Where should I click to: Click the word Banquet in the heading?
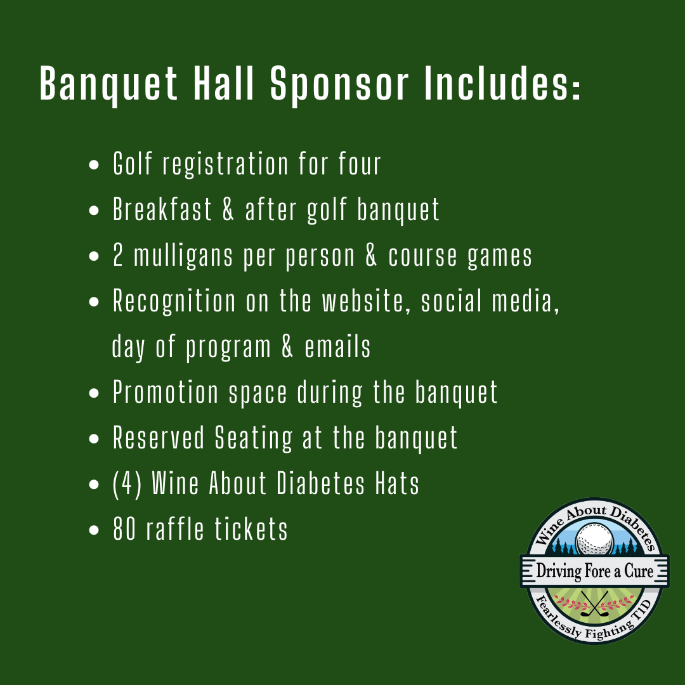[x=109, y=84]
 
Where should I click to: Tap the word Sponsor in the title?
[x=339, y=84]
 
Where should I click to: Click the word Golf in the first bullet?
[x=133, y=164]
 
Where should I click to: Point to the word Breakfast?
[x=162, y=209]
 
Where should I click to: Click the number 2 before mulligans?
[x=118, y=255]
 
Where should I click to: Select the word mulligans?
[x=183, y=256]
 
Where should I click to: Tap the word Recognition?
[x=174, y=301]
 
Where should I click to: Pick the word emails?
[x=337, y=347]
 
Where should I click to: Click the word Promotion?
[x=166, y=392]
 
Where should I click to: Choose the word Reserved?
[x=159, y=437]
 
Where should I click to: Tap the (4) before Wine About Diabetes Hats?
[x=127, y=483]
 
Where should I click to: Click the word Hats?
[x=397, y=483]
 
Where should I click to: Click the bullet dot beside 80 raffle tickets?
[x=94, y=530]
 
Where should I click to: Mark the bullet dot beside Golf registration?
[x=94, y=165]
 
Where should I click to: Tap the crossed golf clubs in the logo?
[x=594, y=604]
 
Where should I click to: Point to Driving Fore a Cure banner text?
[x=594, y=571]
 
